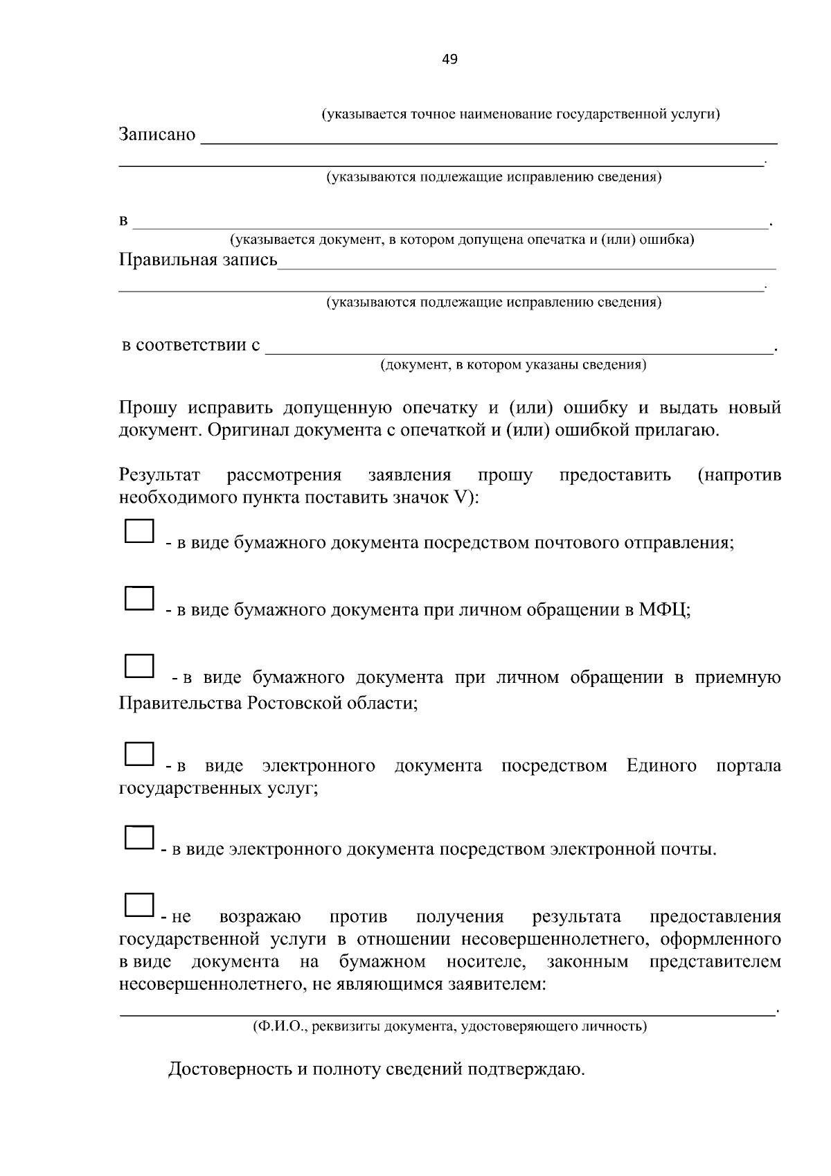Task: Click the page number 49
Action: pyautogui.click(x=449, y=60)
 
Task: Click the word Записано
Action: pyautogui.click(x=157, y=134)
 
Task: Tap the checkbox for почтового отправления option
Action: pyautogui.click(x=138, y=531)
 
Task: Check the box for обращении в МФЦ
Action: pyautogui.click(x=138, y=598)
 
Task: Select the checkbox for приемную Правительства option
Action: pyautogui.click(x=138, y=666)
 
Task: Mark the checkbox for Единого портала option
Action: pyautogui.click(x=138, y=754)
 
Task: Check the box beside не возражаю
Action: pyautogui.click(x=138, y=905)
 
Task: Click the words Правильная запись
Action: pyautogui.click(x=198, y=260)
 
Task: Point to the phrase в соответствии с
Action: pyautogui.click(x=191, y=345)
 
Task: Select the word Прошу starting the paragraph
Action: pyautogui.click(x=148, y=407)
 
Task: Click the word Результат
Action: pyautogui.click(x=159, y=475)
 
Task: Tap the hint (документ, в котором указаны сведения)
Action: pyautogui.click(x=512, y=365)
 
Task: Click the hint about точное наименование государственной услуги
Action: pyautogui.click(x=520, y=114)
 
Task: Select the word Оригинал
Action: pyautogui.click(x=248, y=430)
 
